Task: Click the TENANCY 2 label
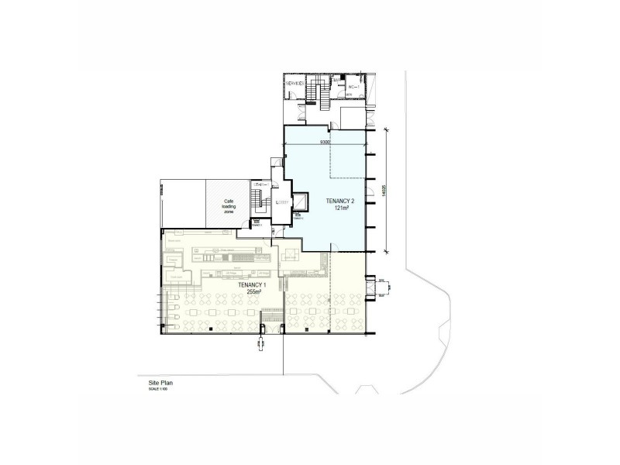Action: pyautogui.click(x=325, y=201)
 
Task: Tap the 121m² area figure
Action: pyautogui.click(x=325, y=208)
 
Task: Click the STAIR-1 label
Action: pyautogui.click(x=262, y=184)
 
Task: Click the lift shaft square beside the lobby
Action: pyautogui.click(x=298, y=202)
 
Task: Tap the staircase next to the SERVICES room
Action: pyautogui.click(x=314, y=93)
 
